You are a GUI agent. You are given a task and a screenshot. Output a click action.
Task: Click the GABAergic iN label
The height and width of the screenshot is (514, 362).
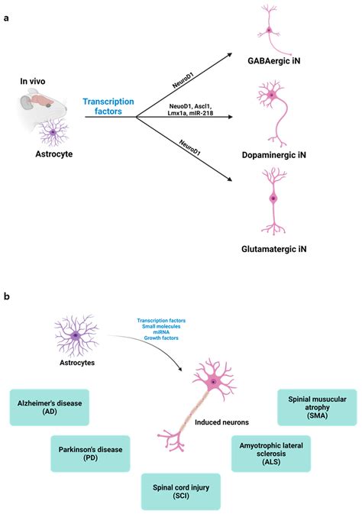274,60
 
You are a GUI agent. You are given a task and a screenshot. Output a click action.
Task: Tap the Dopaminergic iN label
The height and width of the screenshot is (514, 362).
274,155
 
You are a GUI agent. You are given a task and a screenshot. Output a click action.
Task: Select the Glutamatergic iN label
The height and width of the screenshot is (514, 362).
274,249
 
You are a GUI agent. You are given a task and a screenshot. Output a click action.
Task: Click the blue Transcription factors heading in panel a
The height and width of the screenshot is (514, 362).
108,106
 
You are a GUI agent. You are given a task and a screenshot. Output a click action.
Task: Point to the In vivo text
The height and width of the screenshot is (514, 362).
33,81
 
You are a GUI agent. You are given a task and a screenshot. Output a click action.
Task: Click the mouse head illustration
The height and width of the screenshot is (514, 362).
42,108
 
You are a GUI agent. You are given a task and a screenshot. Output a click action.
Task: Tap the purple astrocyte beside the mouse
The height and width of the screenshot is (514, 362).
53,132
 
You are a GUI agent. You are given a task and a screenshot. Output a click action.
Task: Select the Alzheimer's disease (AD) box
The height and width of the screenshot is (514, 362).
50,407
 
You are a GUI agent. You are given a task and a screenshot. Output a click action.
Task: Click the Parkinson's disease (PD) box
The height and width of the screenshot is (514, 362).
90,454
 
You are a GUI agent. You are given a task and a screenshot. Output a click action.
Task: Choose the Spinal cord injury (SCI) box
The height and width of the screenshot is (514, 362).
181,491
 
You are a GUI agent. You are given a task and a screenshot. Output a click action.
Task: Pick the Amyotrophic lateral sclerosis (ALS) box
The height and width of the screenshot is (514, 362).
271,454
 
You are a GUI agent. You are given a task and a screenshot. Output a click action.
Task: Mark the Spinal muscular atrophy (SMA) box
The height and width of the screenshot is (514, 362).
317,407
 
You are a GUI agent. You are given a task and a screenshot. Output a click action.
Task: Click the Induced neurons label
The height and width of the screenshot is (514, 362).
221,422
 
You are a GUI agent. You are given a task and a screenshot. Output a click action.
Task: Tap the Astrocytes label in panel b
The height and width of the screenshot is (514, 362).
77,363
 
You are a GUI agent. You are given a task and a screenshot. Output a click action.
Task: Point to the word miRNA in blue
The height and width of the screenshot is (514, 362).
161,332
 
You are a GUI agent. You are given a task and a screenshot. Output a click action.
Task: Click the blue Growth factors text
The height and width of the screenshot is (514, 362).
161,338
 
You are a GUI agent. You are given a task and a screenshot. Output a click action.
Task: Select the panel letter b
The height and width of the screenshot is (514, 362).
7,296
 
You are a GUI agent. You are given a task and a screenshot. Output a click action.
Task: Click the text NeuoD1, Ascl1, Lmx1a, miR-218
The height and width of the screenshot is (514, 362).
190,109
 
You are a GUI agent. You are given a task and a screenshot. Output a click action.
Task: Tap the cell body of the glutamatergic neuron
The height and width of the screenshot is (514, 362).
273,199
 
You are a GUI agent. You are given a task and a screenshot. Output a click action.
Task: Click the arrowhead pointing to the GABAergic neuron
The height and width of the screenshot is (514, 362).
229,55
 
